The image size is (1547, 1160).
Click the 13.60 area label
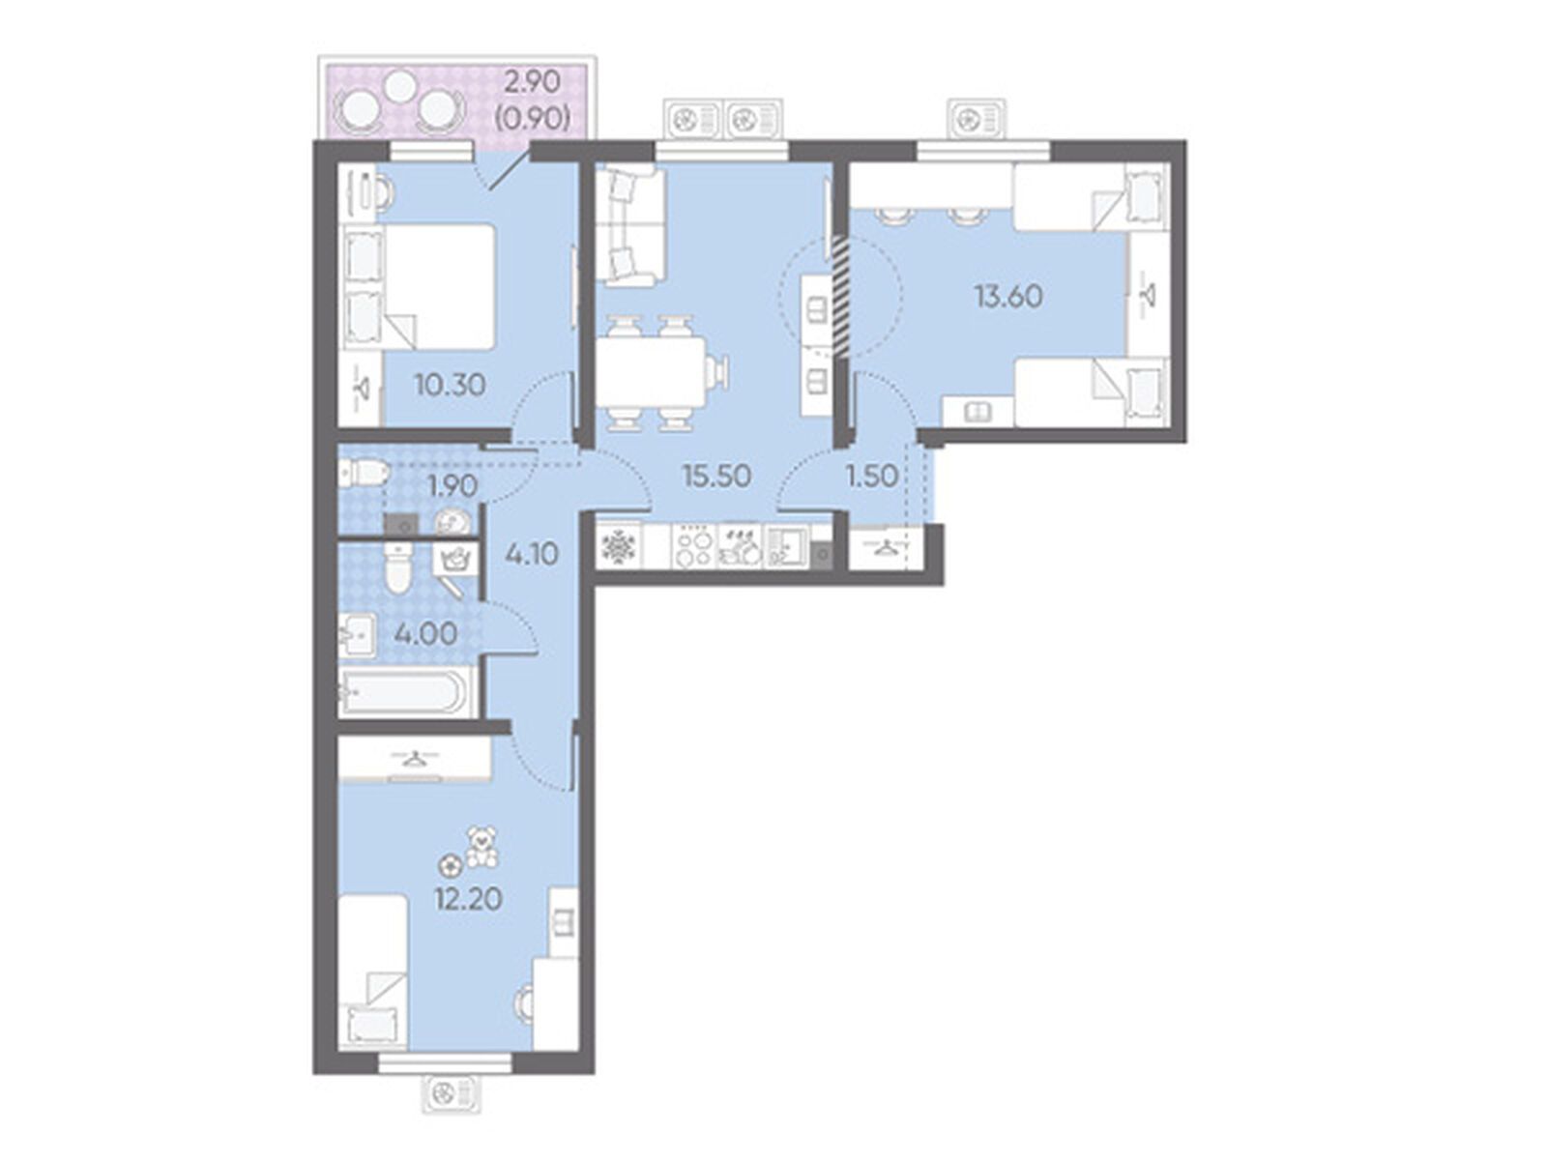click(1008, 297)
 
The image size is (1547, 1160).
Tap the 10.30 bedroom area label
click(450, 386)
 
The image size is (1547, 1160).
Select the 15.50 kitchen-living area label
click(715, 477)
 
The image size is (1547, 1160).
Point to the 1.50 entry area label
click(872, 477)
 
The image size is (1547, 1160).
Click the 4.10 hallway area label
click(532, 554)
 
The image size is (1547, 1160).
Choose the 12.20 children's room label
click(468, 899)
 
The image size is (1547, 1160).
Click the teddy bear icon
click(482, 847)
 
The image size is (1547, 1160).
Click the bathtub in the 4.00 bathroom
click(403, 692)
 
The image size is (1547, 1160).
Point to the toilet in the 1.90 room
click(363, 472)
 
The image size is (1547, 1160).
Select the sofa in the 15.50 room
click(628, 226)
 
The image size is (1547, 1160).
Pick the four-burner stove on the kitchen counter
click(694, 546)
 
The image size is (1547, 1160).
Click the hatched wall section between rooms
click(841, 295)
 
